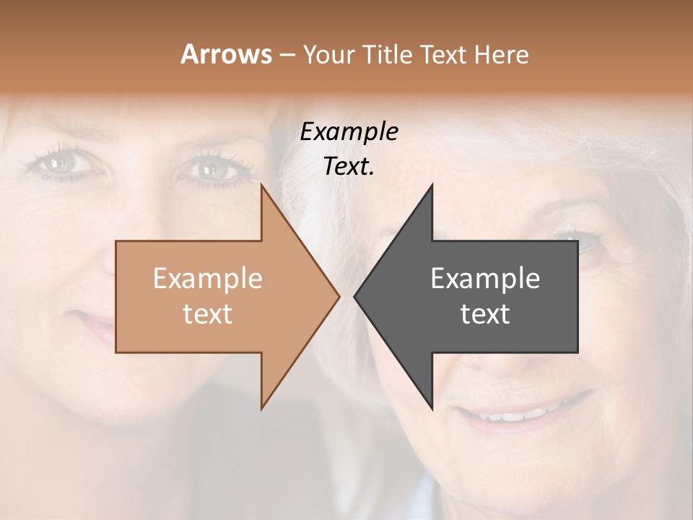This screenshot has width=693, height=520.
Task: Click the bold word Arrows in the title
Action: (226, 54)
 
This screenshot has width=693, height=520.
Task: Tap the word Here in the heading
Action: (501, 55)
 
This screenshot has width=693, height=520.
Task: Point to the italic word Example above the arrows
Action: (349, 132)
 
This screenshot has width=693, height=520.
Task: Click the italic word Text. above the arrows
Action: (349, 166)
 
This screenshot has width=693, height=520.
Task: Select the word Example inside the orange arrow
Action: (207, 278)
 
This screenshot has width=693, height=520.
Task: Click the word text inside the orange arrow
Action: (207, 313)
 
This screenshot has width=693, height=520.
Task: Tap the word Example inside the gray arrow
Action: (485, 278)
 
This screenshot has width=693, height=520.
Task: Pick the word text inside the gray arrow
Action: (485, 313)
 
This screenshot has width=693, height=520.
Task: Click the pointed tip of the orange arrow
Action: (339, 295)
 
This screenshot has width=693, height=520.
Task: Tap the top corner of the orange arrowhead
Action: (262, 185)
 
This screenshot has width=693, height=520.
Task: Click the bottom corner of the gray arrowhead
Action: (432, 409)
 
